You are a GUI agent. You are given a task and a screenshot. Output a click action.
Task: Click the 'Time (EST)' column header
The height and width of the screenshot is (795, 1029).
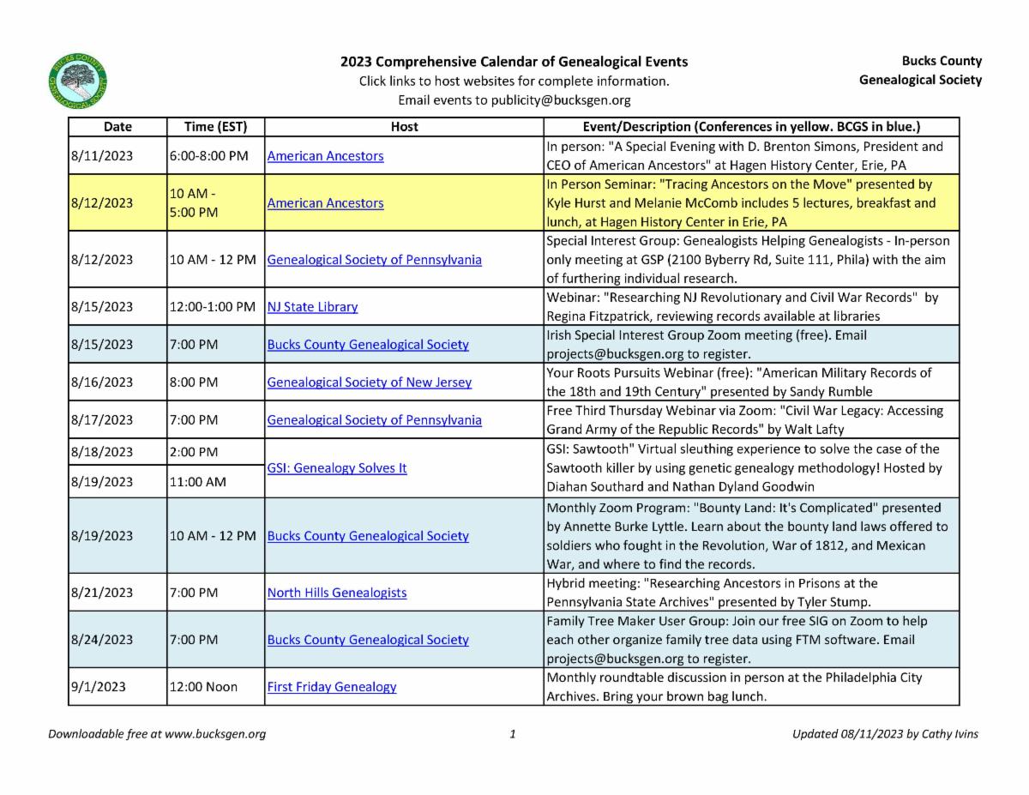[x=216, y=127]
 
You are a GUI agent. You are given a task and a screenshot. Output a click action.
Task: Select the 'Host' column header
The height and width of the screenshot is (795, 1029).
[x=404, y=127]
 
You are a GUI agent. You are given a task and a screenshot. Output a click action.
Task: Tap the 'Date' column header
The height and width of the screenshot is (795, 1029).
[x=117, y=127]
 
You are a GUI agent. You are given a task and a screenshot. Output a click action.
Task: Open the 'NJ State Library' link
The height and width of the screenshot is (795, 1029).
[x=312, y=307]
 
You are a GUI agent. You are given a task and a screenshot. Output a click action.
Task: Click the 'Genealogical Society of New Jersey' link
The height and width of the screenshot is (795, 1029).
[x=370, y=382]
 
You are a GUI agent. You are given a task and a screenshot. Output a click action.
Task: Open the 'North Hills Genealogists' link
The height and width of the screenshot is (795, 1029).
[x=337, y=593]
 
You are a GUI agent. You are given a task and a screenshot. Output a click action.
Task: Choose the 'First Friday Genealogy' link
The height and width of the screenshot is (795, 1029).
[x=332, y=687]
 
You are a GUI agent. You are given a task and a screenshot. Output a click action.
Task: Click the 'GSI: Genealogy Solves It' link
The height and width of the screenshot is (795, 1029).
[x=337, y=468]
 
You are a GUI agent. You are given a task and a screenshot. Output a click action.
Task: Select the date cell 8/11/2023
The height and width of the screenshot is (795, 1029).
[x=101, y=156]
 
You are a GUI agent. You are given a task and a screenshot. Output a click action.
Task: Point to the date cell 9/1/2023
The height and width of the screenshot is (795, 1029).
[x=99, y=687]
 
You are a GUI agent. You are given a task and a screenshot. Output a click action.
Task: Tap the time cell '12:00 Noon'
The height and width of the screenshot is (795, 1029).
[x=203, y=687]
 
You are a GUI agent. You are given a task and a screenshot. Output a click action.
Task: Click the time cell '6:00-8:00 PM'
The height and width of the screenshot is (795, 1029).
[x=208, y=156]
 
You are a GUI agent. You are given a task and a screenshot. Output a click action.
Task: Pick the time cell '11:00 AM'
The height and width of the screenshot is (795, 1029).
[x=198, y=482]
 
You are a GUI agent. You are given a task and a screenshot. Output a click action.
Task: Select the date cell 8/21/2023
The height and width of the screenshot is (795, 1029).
[x=101, y=593]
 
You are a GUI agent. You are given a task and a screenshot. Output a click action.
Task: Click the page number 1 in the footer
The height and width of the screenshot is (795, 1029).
[x=512, y=734]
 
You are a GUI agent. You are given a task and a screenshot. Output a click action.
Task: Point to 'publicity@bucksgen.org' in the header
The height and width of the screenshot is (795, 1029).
[x=561, y=100]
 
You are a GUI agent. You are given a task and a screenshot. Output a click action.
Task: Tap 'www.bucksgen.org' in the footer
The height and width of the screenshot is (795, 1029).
[x=214, y=734]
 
